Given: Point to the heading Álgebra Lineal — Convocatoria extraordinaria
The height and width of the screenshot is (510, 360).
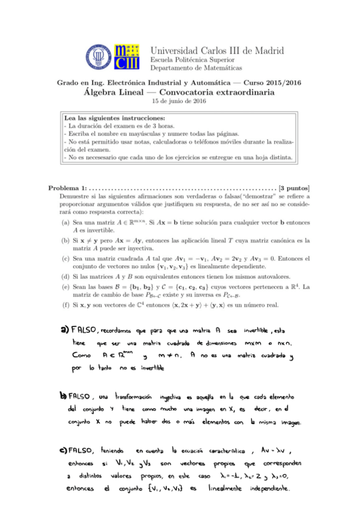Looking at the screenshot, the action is tap(180, 93).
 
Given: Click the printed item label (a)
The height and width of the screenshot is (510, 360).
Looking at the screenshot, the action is tap(64, 221).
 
